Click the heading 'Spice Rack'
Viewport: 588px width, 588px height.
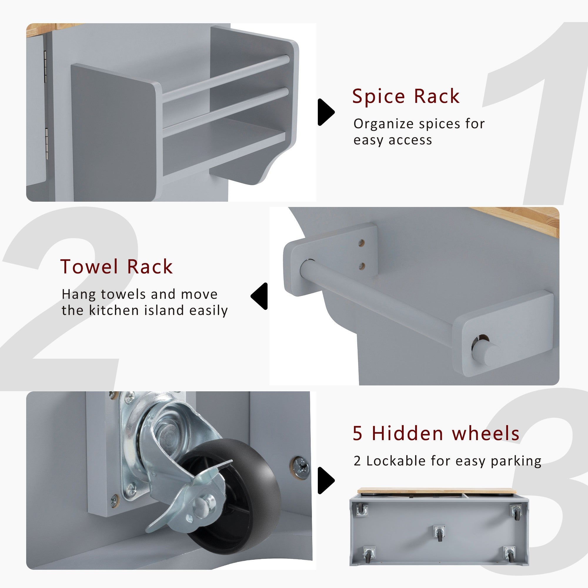point(406,96)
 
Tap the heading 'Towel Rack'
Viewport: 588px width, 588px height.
point(116,267)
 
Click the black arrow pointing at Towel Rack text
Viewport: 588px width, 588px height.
point(259,296)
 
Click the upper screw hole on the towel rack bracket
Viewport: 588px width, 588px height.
point(361,243)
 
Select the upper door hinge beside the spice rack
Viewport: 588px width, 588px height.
point(46,66)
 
